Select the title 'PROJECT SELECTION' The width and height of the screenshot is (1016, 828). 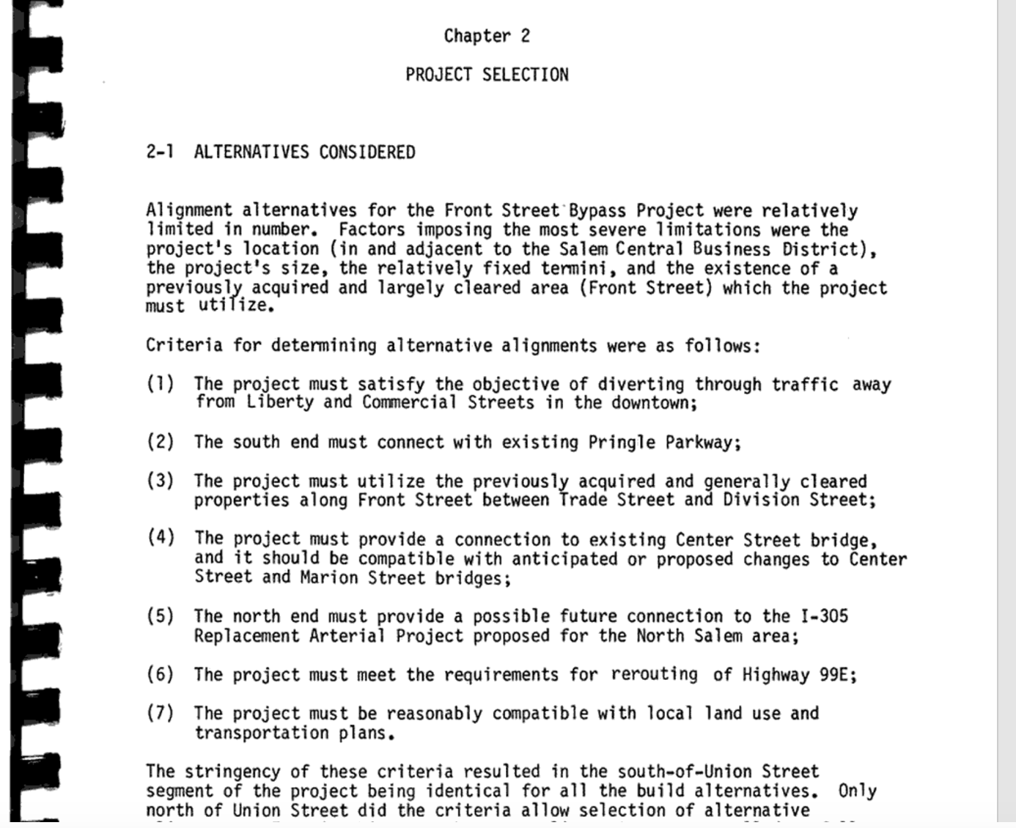[x=487, y=75]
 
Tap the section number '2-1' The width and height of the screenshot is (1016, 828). [x=160, y=152]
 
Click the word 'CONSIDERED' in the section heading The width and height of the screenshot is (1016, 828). [x=367, y=152]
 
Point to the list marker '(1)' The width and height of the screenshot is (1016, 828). [x=161, y=383]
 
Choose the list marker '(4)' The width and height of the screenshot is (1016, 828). [x=161, y=537]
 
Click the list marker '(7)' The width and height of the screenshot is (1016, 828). [x=161, y=712]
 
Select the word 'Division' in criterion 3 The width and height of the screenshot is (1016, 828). [x=761, y=500]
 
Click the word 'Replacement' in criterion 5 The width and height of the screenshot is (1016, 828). [x=246, y=635]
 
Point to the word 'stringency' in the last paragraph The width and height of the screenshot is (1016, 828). [x=232, y=772]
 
